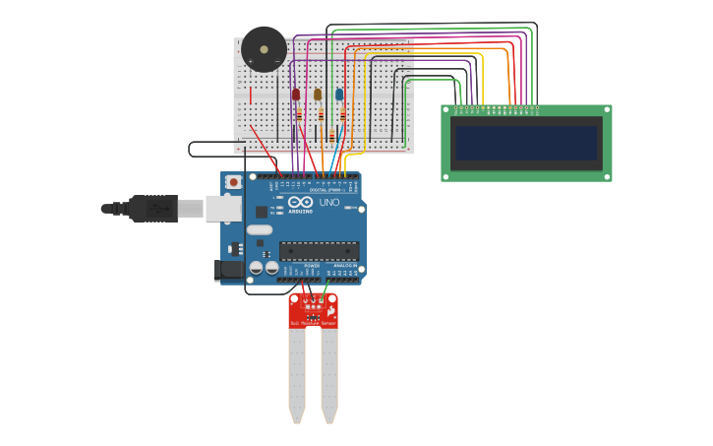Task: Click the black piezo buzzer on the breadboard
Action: [x=264, y=48]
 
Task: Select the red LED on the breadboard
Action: [x=296, y=95]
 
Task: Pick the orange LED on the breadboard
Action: [x=318, y=95]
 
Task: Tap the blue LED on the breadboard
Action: [x=339, y=95]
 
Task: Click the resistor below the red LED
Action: [x=298, y=115]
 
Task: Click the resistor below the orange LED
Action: [x=321, y=115]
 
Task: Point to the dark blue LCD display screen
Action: [x=526, y=144]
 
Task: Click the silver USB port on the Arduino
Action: [x=223, y=208]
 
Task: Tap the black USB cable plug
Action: [x=152, y=209]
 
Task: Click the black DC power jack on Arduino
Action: [x=230, y=269]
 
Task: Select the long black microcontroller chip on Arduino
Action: [x=319, y=251]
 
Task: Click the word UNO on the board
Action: [x=329, y=203]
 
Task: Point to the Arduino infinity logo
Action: [x=300, y=203]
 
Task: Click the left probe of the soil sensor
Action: [x=296, y=374]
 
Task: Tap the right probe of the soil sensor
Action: [x=329, y=374]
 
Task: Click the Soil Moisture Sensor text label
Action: [x=313, y=323]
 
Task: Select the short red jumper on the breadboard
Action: [x=250, y=96]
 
